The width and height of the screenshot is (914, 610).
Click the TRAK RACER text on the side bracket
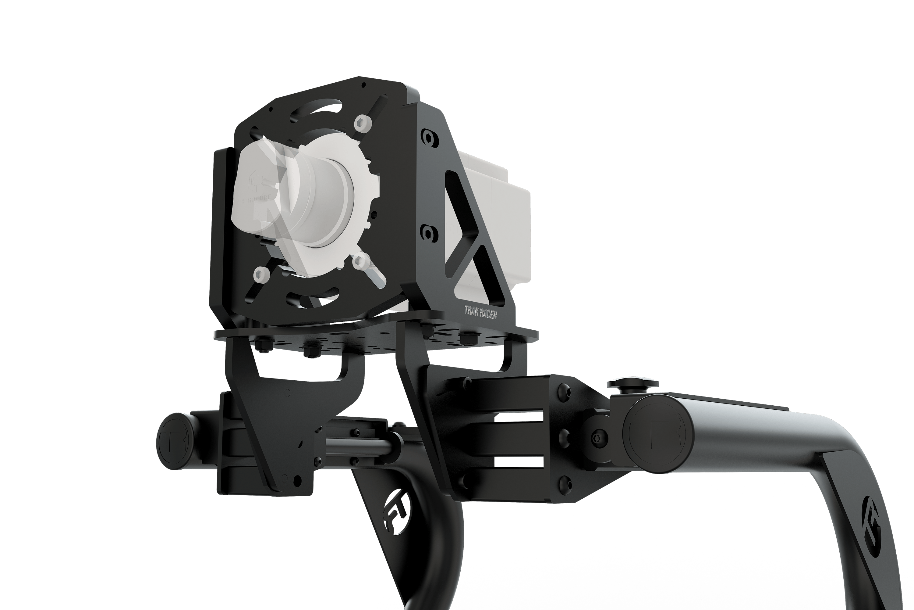point(480,312)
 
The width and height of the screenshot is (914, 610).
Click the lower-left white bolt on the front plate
point(261,275)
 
